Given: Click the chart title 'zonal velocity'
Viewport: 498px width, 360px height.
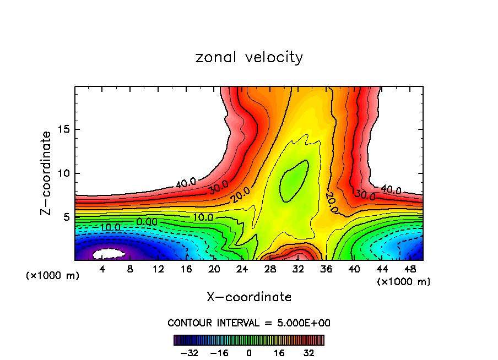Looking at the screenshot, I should pyautogui.click(x=249, y=57).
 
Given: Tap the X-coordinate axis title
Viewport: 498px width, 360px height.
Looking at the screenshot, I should pyautogui.click(x=249, y=297).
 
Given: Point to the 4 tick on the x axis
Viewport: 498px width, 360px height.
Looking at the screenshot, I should pyautogui.click(x=102, y=269).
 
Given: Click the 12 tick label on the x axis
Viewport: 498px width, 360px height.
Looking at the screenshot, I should pyautogui.click(x=158, y=269).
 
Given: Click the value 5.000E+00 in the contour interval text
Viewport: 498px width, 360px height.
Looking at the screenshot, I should pyautogui.click(x=305, y=323).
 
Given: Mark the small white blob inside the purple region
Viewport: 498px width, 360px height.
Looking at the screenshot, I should pyautogui.click(x=110, y=254).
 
